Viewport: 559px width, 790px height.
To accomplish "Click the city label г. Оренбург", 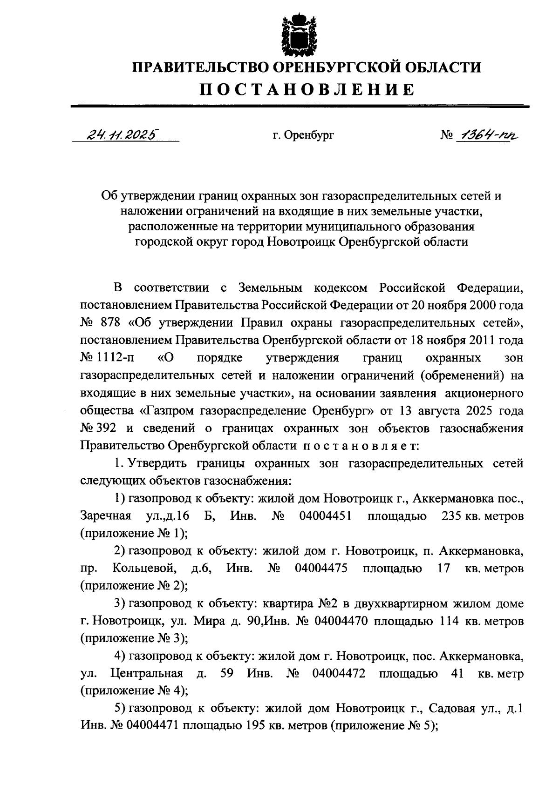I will pyautogui.click(x=303, y=135).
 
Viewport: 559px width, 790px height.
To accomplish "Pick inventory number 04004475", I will pyautogui.click(x=321, y=568).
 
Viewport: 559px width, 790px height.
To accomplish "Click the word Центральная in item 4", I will pyautogui.click(x=146, y=673).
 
